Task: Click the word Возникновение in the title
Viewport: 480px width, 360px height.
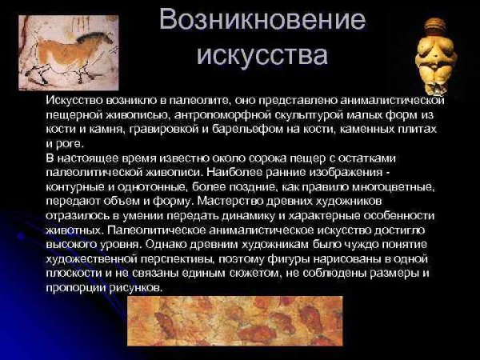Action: pos(262,20)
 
